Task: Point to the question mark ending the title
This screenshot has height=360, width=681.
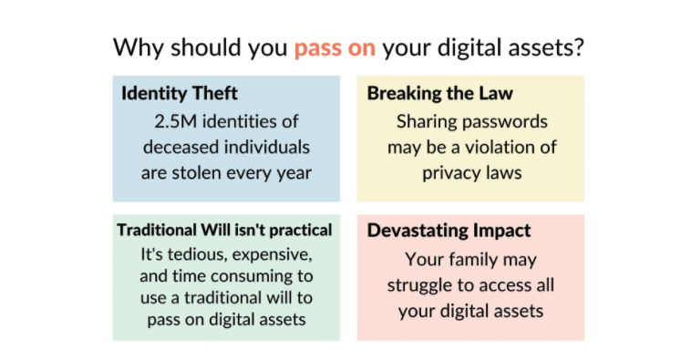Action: (x=579, y=46)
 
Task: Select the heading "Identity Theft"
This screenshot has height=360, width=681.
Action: (x=180, y=93)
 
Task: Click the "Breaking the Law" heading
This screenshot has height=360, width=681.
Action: (x=440, y=93)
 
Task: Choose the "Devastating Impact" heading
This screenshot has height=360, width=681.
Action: (x=449, y=231)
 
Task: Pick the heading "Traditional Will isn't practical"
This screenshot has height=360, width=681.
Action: (x=224, y=231)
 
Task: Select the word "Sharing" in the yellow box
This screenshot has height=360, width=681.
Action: (x=423, y=122)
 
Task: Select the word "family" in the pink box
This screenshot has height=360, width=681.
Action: (x=473, y=261)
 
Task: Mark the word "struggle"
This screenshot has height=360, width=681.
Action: (x=419, y=286)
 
